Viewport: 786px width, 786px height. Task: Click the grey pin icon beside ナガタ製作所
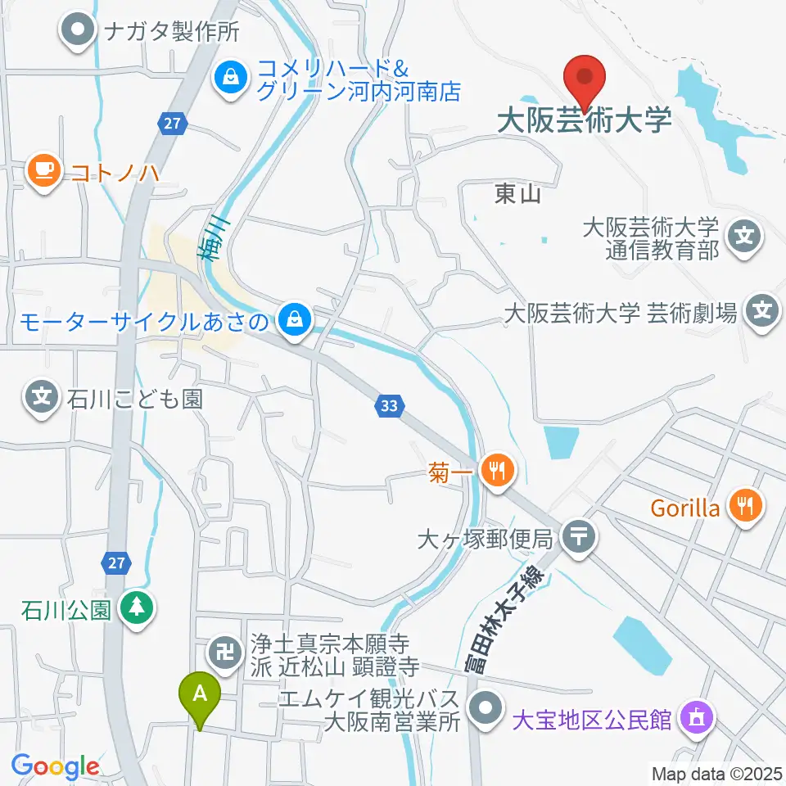(79, 32)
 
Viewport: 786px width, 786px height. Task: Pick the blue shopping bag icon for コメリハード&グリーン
(232, 79)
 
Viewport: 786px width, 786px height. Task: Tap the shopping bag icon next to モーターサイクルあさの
(292, 320)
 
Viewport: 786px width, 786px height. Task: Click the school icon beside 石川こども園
(42, 399)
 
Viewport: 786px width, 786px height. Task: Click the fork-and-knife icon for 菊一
(496, 471)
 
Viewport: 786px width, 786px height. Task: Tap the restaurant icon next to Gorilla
(746, 508)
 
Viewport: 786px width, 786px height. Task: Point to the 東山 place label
(518, 194)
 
